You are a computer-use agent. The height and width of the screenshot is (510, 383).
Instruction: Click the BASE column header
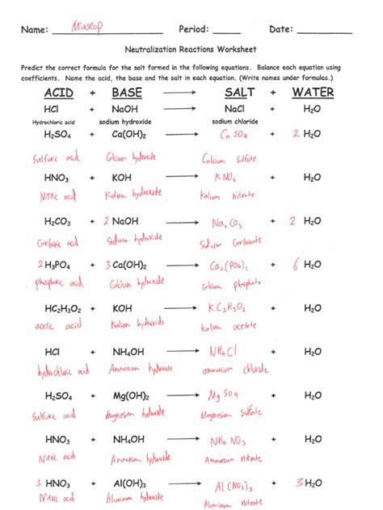coord(126,93)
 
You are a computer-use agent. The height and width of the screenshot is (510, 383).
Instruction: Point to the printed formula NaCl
coord(234,108)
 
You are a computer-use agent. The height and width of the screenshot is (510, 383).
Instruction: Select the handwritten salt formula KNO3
coord(226,177)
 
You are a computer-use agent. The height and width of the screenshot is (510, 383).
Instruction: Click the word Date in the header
coord(280,30)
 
